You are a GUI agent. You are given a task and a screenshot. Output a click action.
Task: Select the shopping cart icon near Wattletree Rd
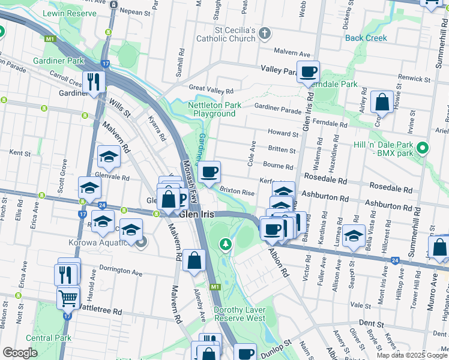(x=68, y=296)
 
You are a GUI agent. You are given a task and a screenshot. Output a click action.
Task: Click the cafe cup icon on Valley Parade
(x=309, y=72)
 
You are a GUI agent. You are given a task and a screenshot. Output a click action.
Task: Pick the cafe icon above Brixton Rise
(x=209, y=172)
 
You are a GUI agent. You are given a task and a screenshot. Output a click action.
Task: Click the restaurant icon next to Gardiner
(x=93, y=82)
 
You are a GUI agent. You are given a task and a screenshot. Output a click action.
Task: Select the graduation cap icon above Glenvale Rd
(x=109, y=157)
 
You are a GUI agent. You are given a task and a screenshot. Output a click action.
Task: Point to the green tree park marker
(x=225, y=244)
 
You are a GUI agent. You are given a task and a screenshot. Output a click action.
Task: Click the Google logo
(x=20, y=353)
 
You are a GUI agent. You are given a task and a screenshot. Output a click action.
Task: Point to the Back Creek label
(x=366, y=38)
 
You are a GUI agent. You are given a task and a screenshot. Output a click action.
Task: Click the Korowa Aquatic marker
(x=142, y=242)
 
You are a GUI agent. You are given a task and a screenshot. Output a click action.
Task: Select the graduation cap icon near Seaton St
(x=354, y=236)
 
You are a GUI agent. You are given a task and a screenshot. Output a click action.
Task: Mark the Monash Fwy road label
(x=190, y=180)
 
